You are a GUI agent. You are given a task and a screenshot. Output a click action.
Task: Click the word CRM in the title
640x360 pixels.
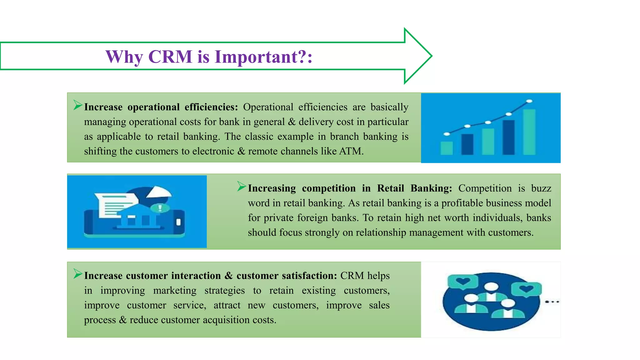point(170,57)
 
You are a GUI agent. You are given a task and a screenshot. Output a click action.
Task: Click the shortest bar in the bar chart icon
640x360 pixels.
point(447,148)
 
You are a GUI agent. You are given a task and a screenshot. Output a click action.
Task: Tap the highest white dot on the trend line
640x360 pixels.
point(529,101)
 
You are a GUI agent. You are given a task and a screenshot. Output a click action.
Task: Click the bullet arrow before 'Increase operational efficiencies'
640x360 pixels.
point(78,105)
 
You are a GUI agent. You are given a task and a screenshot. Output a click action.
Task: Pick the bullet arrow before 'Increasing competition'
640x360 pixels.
point(242,186)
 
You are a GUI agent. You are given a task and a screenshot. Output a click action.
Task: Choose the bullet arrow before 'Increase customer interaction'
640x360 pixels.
point(78,274)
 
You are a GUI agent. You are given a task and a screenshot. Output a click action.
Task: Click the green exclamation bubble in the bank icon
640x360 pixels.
point(160,208)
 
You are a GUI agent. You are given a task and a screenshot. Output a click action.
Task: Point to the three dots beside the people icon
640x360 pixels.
point(552,302)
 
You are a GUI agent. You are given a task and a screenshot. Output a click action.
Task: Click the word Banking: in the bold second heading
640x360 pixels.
point(431,188)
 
